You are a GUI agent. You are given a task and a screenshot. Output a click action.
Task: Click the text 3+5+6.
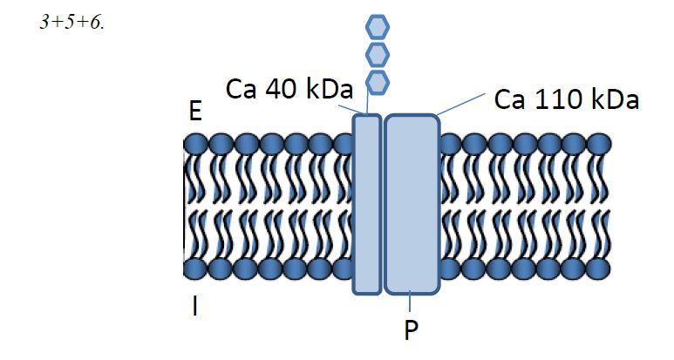pos(71,24)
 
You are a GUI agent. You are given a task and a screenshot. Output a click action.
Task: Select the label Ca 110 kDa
pos(567,100)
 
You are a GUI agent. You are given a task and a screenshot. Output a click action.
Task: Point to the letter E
pos(195,112)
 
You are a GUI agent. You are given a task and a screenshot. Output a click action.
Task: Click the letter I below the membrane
pos(194,307)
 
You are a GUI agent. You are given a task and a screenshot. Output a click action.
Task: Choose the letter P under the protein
pos(411,331)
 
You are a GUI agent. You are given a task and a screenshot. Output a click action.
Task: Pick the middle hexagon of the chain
pos(377,54)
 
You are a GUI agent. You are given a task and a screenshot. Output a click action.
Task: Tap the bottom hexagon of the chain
pos(377,82)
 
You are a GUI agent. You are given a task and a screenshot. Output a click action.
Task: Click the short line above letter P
pos(411,302)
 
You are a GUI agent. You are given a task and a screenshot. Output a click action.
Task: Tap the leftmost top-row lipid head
pos(195,144)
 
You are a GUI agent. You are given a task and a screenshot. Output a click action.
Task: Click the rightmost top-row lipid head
pos(599,144)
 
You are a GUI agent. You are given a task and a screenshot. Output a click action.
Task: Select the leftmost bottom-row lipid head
pos(195,268)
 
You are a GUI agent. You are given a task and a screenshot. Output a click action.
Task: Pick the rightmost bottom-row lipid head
pos(599,268)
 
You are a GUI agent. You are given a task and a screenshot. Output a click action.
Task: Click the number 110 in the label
pos(567,100)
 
